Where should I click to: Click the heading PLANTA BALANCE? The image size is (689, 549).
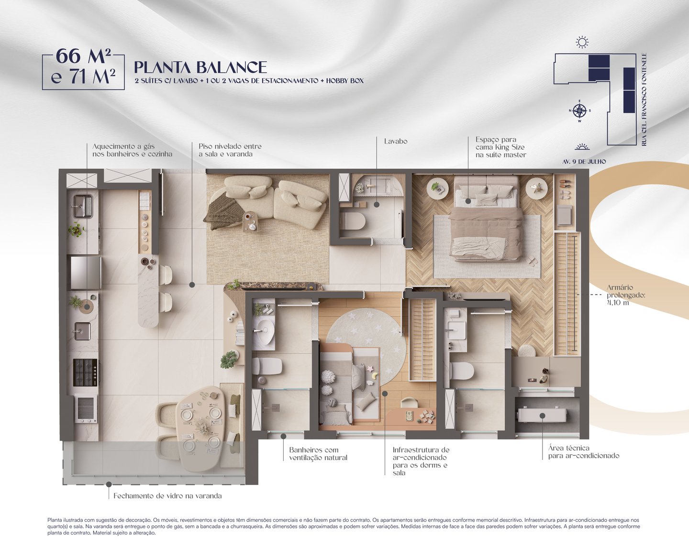pos(200,67)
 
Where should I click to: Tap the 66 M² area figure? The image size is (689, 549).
pos(83,56)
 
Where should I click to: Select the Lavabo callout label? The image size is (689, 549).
pos(396,141)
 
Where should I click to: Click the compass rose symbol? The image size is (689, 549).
pos(579,111)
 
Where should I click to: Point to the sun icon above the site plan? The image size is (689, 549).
pos(582,42)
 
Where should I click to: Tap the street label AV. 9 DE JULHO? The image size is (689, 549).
pos(584,162)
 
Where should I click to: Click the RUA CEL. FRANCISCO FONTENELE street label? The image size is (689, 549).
pos(644,99)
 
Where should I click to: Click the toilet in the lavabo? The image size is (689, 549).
pos(353,221)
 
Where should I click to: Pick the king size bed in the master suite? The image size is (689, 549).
pos(486,218)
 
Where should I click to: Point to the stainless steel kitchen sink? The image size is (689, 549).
pos(83,206)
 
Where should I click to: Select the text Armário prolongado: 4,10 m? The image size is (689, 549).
pos(626,295)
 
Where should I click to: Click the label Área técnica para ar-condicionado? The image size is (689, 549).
pos(583,452)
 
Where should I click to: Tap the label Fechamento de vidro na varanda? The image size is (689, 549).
pos(167,496)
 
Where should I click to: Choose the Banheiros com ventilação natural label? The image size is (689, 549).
pos(318,454)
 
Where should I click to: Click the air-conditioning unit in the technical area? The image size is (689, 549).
pos(542,416)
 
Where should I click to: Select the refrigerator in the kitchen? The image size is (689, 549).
pos(85,273)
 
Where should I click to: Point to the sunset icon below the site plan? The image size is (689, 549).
pos(582,147)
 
